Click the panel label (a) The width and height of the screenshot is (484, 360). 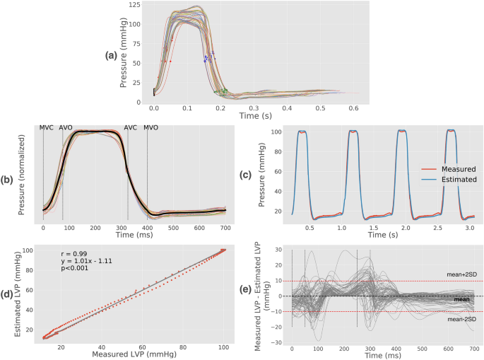[x=111, y=55]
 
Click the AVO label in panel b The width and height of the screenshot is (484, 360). [x=66, y=128]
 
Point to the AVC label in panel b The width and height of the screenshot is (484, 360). [x=131, y=128]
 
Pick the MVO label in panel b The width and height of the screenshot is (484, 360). [x=151, y=128]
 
